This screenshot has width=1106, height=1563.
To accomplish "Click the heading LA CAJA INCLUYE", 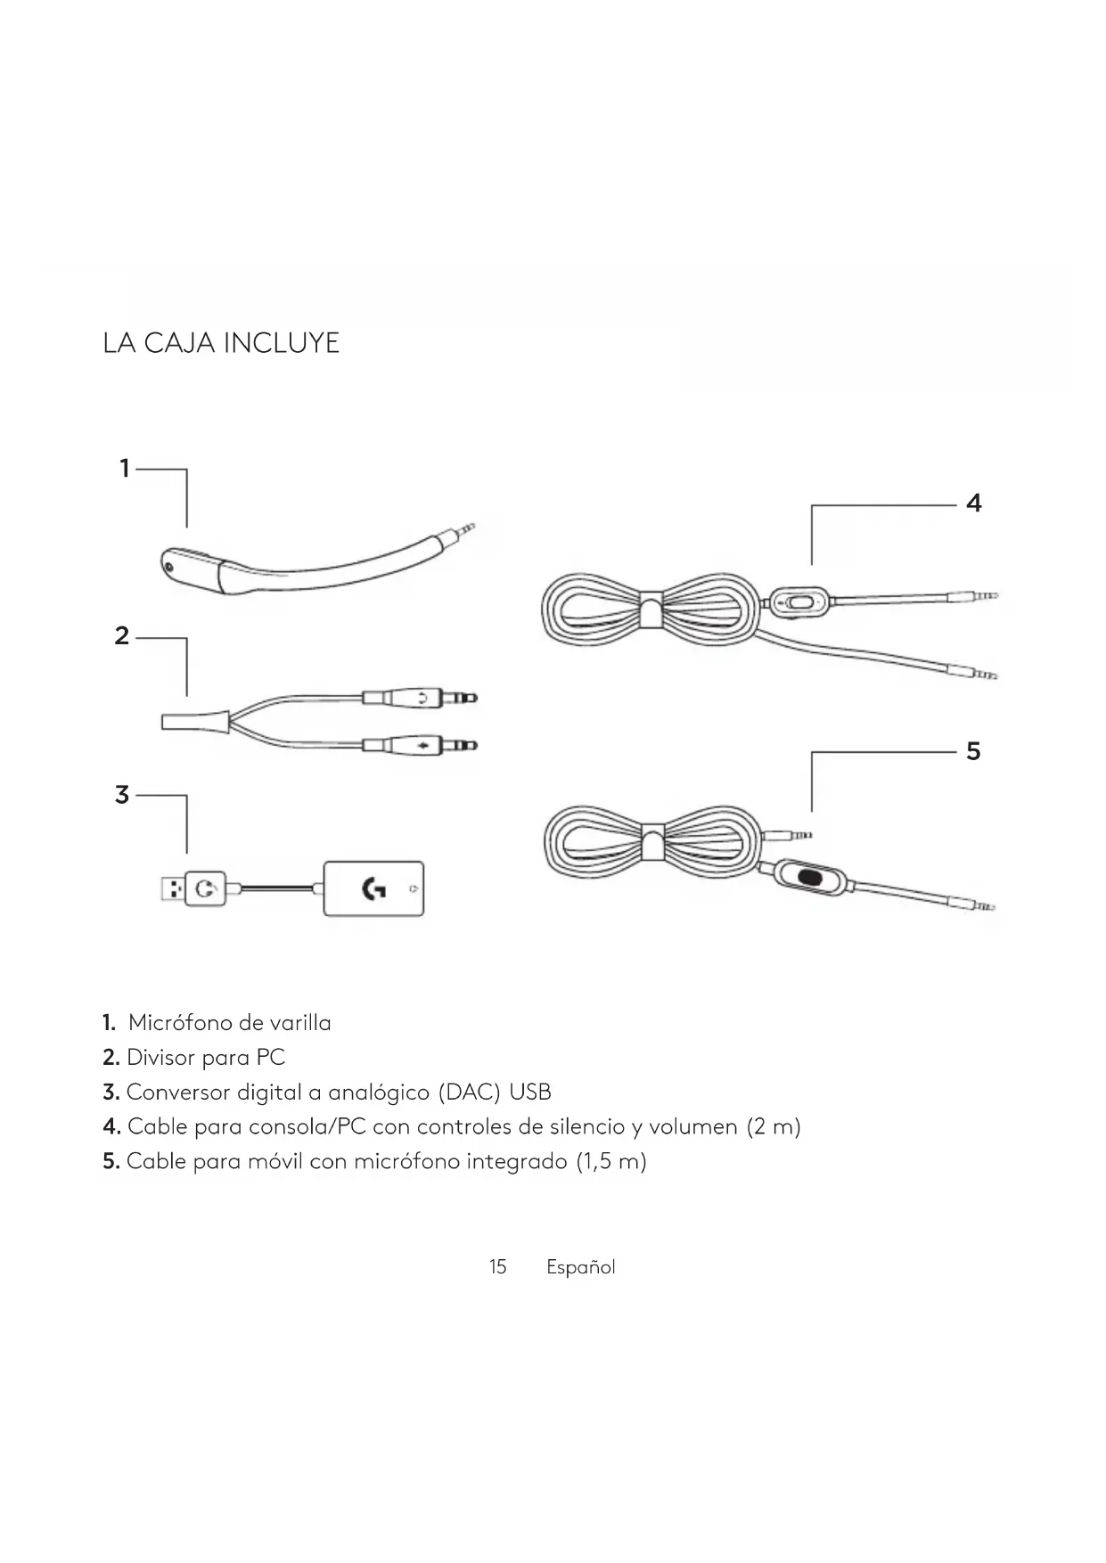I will click(221, 343).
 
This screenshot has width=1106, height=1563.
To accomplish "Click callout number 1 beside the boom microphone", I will click(126, 468).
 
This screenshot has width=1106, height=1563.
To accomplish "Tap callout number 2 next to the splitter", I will click(123, 636).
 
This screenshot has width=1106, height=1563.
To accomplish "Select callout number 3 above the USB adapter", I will click(123, 795).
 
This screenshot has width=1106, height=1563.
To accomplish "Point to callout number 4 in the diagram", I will click(973, 503).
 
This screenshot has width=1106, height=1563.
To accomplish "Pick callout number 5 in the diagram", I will click(973, 751).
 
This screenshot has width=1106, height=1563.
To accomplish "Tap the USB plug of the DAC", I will click(173, 888).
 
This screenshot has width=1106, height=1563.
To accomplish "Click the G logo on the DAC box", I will click(374, 888).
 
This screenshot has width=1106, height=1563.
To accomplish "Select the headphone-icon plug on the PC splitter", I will click(419, 697).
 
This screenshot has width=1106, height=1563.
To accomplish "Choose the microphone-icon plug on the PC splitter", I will click(419, 744).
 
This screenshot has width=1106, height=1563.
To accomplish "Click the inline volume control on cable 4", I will click(799, 601).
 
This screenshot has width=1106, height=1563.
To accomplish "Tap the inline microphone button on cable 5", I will click(810, 877).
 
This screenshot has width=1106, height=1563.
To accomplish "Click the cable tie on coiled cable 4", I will click(651, 608).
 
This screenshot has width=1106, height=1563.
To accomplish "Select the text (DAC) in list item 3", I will click(470, 1092).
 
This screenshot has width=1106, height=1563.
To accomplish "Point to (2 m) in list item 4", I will click(774, 1127).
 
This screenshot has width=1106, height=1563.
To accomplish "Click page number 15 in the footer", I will click(497, 1267).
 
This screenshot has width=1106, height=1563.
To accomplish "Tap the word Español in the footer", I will click(580, 1267).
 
